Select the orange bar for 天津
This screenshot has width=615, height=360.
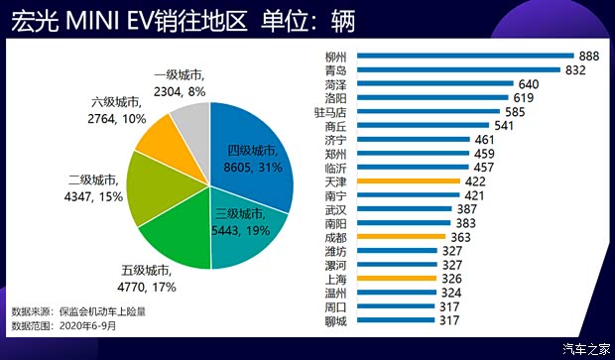tap(407, 181)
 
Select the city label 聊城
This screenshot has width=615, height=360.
tap(336, 320)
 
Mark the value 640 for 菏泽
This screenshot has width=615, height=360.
tap(529, 84)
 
